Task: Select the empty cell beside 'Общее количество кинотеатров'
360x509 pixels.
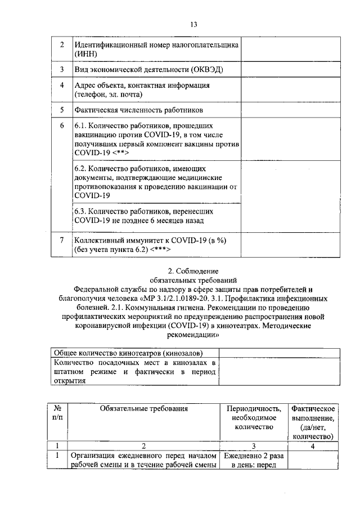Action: click(280, 353)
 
